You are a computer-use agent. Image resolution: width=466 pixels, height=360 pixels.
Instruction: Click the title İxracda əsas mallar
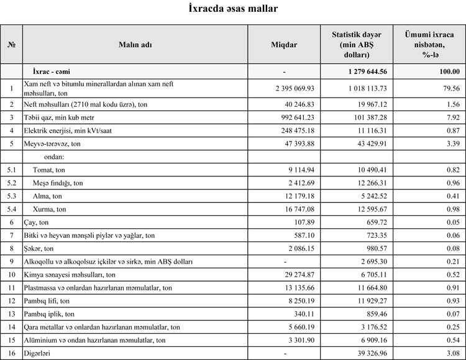coord(233,9)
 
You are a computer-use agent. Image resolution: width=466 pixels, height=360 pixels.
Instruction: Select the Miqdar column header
coord(284,45)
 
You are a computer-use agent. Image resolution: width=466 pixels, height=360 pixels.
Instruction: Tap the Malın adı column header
coord(135,45)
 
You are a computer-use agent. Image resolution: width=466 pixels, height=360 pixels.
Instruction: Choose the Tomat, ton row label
coord(49,169)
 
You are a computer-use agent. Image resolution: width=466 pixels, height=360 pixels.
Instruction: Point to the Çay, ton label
coord(38,222)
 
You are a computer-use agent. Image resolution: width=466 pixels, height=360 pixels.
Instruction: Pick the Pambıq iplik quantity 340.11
coord(304,313)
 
